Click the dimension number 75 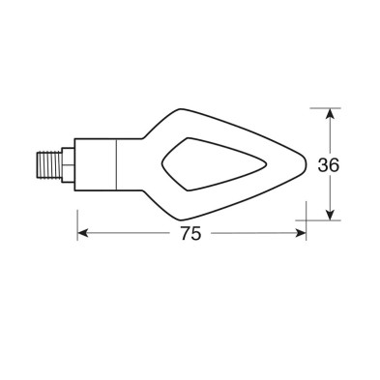[190, 234]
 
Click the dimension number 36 [329, 164]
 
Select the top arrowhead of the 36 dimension [331, 115]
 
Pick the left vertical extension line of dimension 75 [77, 218]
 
